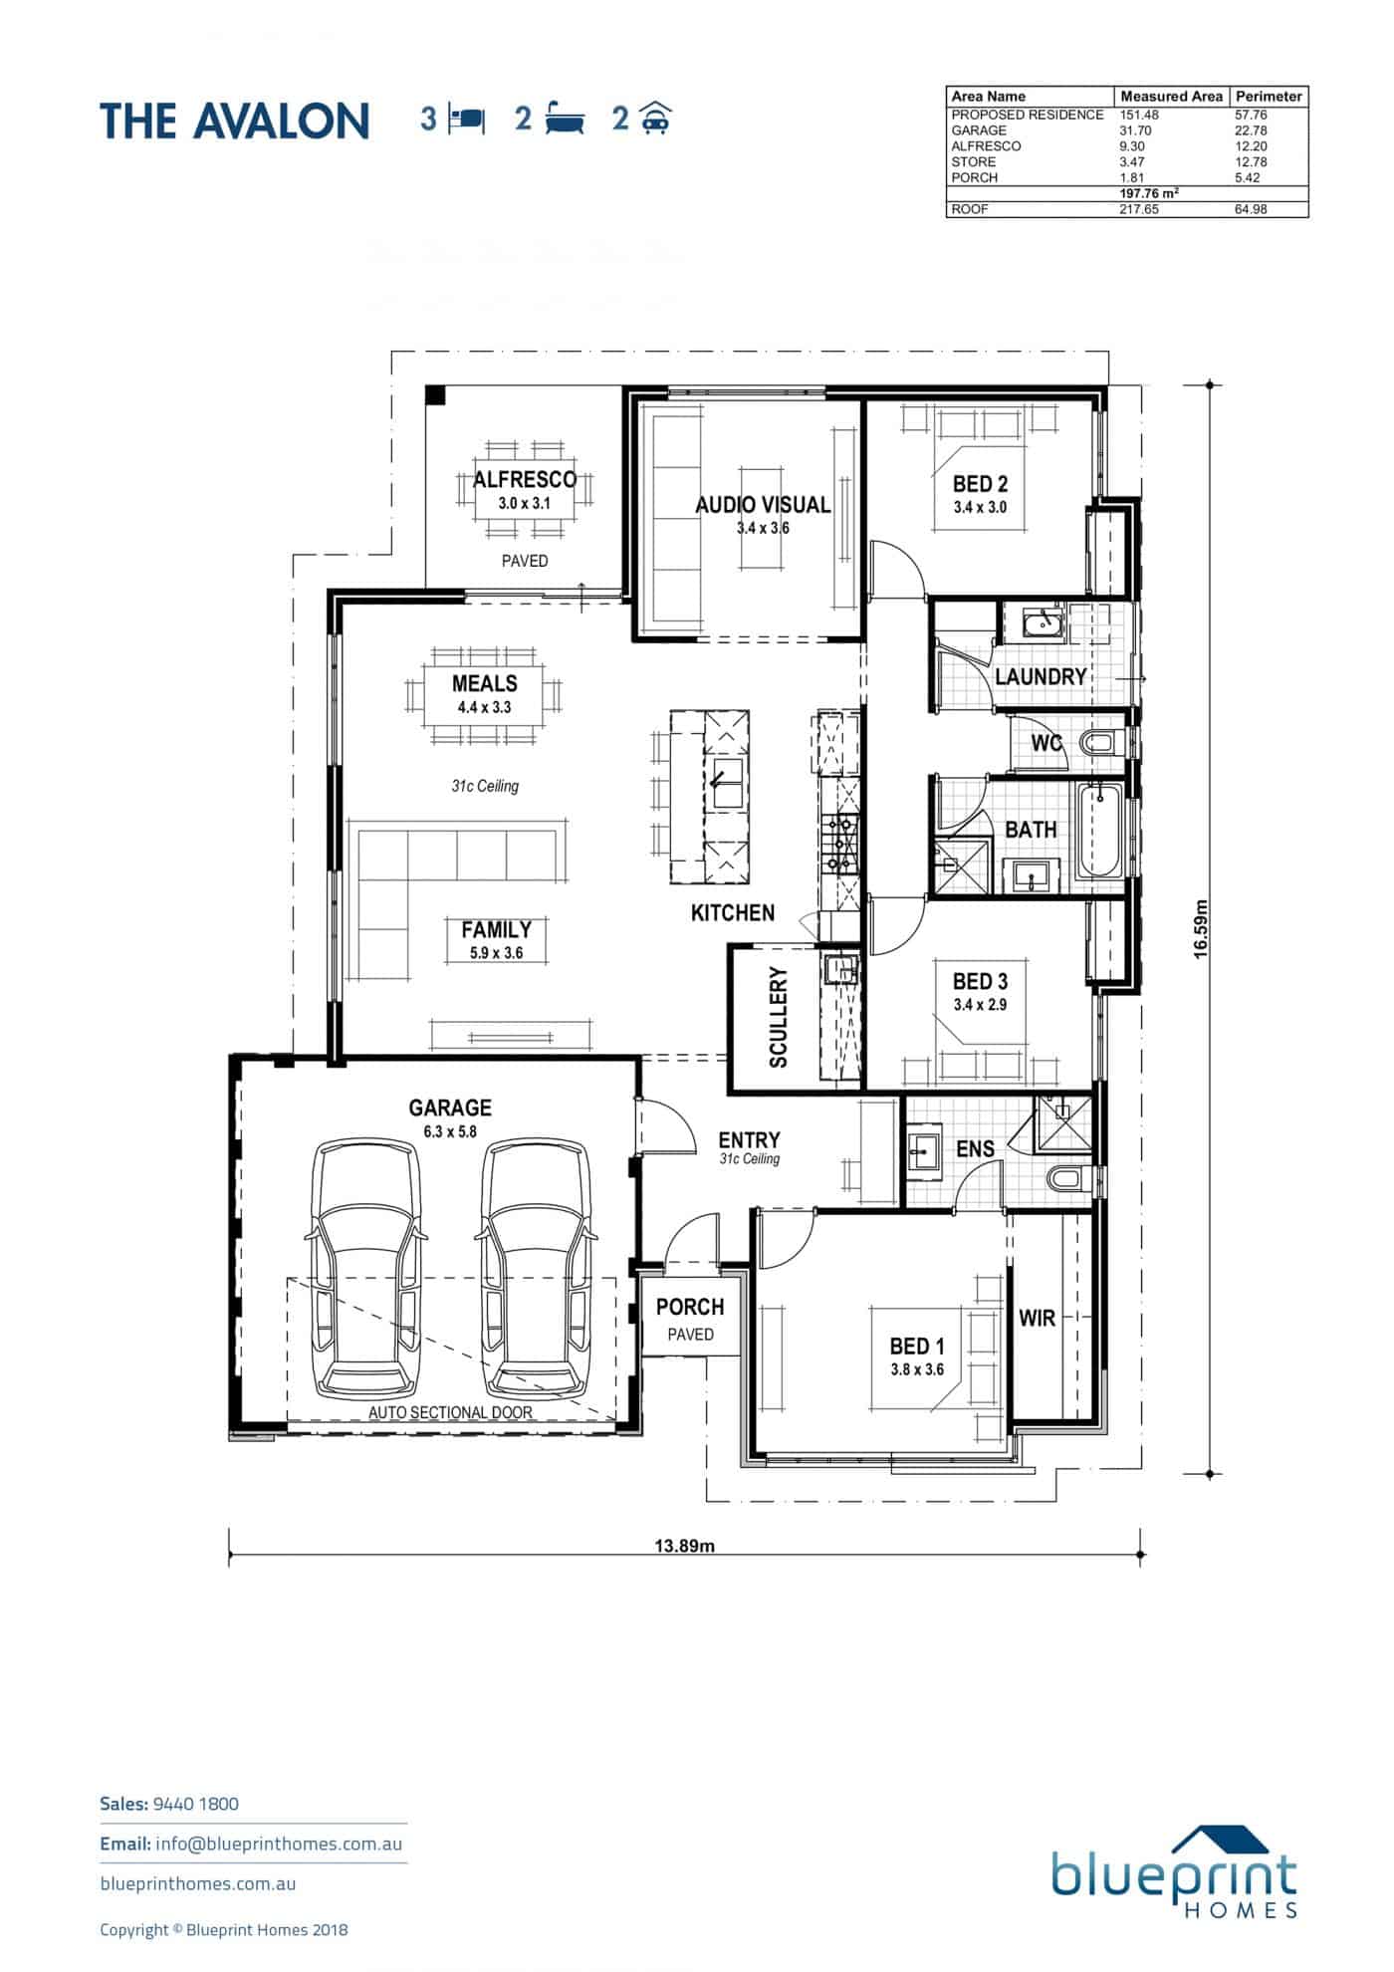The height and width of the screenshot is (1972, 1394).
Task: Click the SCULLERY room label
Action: point(779,1017)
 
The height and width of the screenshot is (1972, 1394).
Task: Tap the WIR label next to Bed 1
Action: point(1037,1318)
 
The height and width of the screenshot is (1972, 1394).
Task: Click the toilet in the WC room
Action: point(1102,742)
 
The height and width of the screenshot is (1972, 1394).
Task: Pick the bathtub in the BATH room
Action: point(1100,831)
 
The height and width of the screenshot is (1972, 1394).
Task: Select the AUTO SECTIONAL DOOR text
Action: point(450,1412)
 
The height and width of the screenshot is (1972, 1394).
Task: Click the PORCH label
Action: point(690,1307)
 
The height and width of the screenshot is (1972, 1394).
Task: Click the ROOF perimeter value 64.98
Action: point(1251,210)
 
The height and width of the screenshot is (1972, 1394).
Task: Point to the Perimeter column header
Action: point(1269,97)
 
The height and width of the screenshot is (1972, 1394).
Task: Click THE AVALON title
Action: point(235,121)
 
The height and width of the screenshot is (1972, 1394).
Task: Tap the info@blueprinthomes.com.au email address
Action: point(279,1844)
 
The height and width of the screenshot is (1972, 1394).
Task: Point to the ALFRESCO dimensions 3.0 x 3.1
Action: point(525,504)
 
